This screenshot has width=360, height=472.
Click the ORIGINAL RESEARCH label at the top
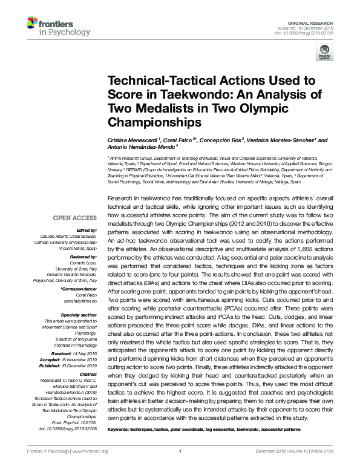tap(317, 23)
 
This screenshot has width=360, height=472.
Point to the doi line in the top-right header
tap(313, 33)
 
